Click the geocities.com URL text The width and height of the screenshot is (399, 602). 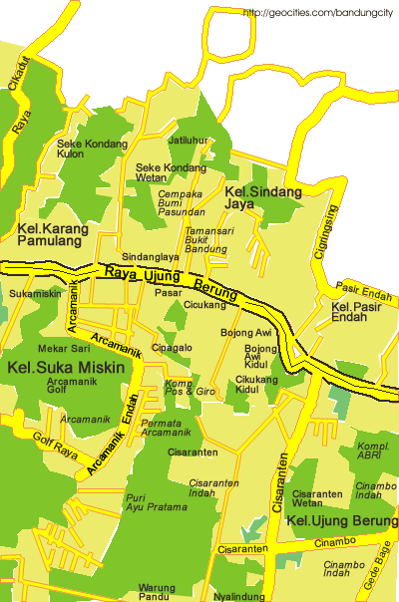click(x=318, y=13)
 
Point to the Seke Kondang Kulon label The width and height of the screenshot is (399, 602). click(x=84, y=149)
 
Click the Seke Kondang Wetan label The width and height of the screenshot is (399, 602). click(x=165, y=172)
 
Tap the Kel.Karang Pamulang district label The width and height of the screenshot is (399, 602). click(x=53, y=234)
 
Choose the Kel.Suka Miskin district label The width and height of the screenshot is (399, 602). click(x=66, y=368)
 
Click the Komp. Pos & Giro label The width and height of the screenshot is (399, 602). click(x=192, y=388)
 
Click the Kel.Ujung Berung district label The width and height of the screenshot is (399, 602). click(x=341, y=521)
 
